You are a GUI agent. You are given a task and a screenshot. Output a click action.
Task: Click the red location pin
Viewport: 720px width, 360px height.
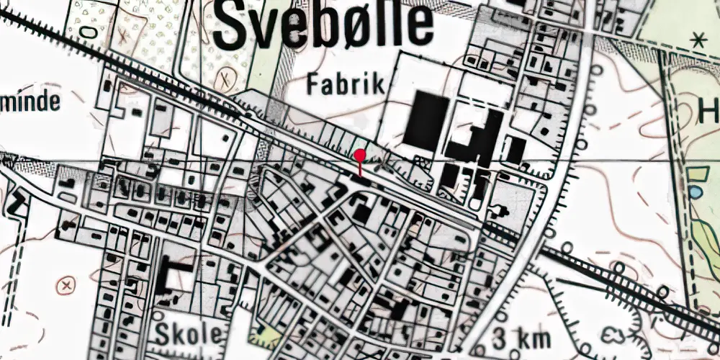click(x=360, y=155)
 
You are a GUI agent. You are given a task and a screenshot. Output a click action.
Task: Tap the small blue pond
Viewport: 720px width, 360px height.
click(x=696, y=192)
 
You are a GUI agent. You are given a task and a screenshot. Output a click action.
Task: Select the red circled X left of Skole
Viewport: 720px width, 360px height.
click(x=68, y=284)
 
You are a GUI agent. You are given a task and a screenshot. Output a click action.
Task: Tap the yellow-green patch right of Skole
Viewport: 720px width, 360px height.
click(x=266, y=336)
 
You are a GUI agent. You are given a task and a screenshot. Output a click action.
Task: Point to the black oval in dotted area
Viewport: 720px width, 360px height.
click(x=86, y=32)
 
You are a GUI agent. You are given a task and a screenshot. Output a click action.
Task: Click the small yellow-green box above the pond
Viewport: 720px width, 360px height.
click(x=696, y=174)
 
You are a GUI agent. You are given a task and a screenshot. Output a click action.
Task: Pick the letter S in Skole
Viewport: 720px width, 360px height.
click(x=163, y=335)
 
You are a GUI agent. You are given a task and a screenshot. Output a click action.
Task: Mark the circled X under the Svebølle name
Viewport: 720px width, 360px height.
click(x=228, y=74)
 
